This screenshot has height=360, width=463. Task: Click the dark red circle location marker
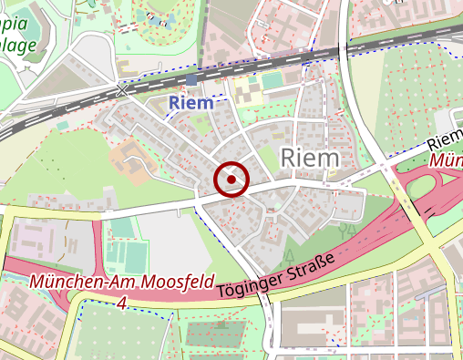click(231, 180)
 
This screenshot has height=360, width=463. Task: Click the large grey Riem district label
click(310, 158)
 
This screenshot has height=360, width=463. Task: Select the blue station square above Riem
click(190, 80)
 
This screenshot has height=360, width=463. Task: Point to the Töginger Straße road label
click(276, 274)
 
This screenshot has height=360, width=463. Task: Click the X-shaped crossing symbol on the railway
click(122, 89)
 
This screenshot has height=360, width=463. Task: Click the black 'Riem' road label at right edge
click(445, 139)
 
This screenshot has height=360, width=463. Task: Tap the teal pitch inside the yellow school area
click(273, 81)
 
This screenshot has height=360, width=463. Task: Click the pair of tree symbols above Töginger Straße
click(345, 231)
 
